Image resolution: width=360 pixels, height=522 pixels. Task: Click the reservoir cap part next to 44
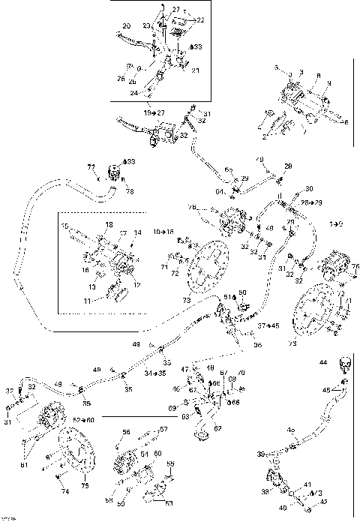345,366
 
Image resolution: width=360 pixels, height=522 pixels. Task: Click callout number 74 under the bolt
65,492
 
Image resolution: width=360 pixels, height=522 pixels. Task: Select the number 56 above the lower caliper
127,432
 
